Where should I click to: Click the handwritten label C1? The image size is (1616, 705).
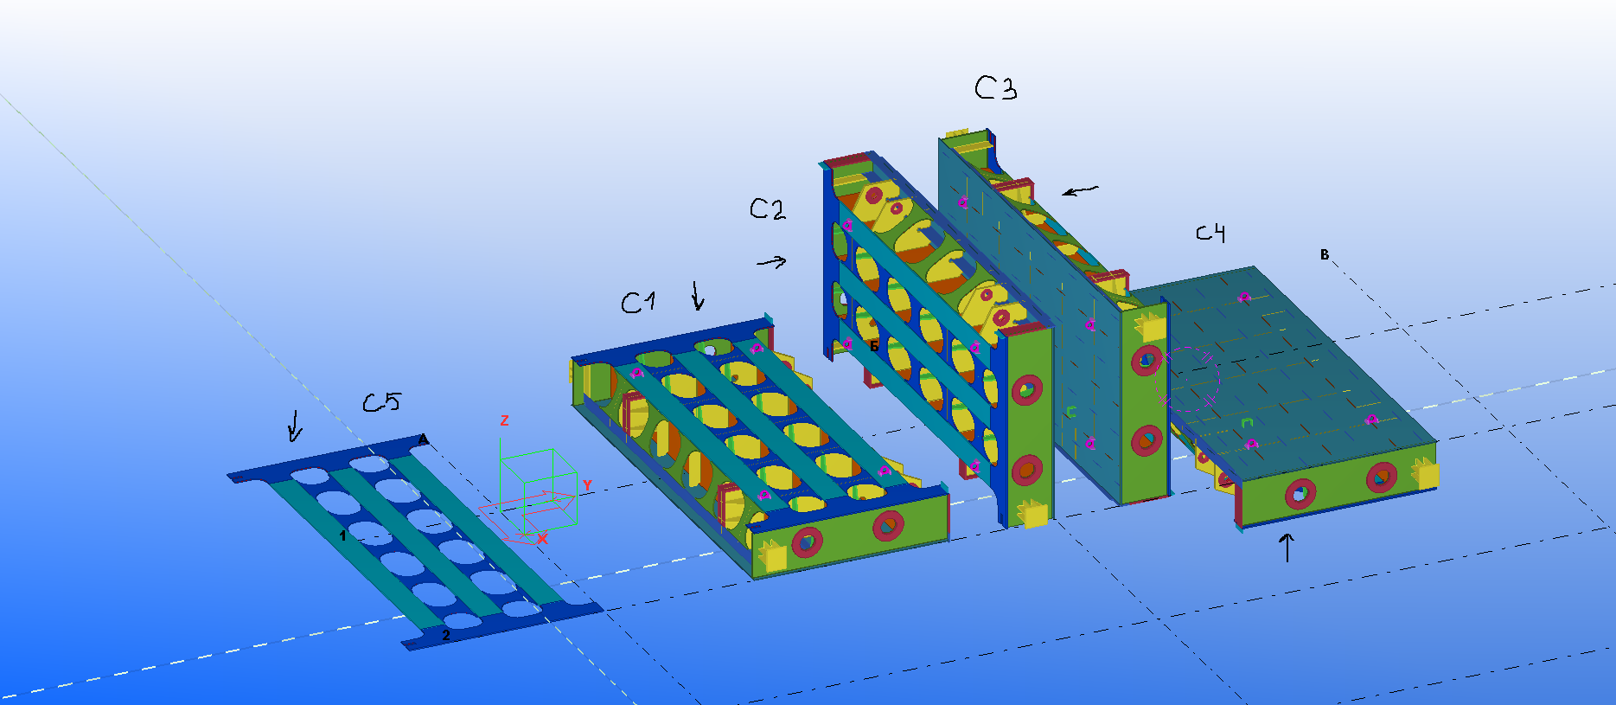638,302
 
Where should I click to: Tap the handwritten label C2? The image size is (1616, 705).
768,208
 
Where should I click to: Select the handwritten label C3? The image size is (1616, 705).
995,87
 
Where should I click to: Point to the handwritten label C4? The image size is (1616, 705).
1210,233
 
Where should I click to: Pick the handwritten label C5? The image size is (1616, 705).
381,402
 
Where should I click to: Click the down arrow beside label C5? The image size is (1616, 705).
295,425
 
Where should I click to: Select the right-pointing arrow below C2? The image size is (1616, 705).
772,261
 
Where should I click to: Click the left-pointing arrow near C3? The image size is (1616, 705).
1080,190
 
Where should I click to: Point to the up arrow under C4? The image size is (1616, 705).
1287,548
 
